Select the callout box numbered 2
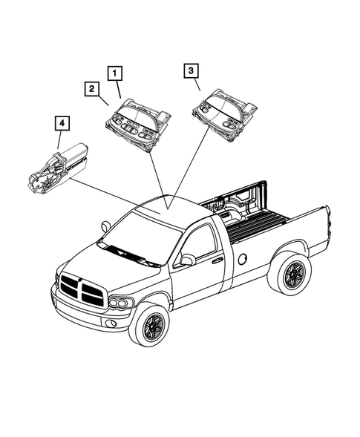pyautogui.click(x=90, y=91)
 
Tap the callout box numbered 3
pyautogui.click(x=191, y=72)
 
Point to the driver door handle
pyautogui.click(x=217, y=260)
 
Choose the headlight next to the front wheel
pyautogui.click(x=120, y=303)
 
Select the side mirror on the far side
pyautogui.click(x=105, y=226)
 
